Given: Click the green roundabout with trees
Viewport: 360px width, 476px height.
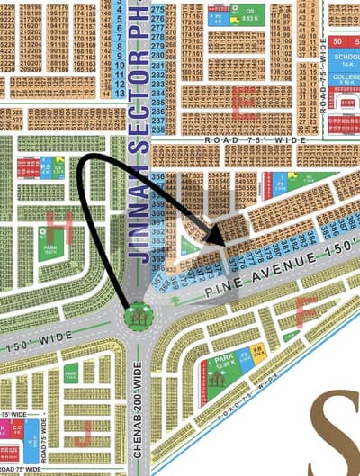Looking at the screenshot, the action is point(138,314).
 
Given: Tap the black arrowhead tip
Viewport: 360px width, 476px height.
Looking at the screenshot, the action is point(221,244).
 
